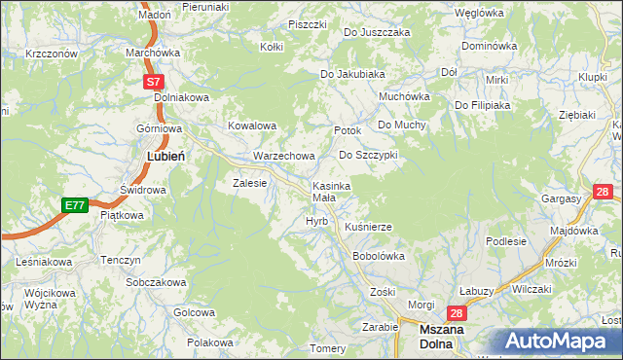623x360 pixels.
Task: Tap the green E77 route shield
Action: coord(74,205)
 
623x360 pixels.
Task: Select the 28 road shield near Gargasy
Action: coord(602,192)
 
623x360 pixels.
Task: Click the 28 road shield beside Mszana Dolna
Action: coord(456,313)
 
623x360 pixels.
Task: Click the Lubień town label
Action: coord(166,155)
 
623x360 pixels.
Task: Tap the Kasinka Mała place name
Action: coord(331,192)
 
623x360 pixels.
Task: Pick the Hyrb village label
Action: coord(316,222)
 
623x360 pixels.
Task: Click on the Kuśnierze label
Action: coord(368,227)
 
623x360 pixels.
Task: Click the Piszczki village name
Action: coord(307,24)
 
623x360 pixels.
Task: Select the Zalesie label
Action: coord(248,182)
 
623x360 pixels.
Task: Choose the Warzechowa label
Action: coord(284,156)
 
